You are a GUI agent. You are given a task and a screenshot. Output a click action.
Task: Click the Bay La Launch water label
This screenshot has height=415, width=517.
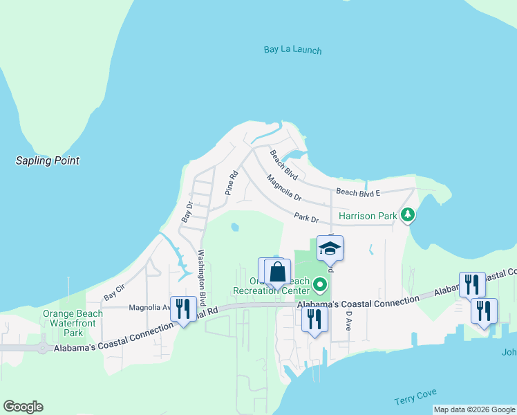tap(292, 50)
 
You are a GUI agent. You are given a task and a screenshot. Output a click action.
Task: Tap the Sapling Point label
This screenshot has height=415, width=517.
tap(48, 160)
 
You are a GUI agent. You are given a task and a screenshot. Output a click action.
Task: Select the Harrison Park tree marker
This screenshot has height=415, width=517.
tap(408, 215)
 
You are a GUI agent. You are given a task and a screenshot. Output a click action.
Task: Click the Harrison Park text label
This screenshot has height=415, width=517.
tap(368, 216)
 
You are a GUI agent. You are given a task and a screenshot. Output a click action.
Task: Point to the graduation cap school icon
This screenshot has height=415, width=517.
tap(330, 248)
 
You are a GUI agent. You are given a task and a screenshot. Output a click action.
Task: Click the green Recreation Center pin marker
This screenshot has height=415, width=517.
tap(319, 284)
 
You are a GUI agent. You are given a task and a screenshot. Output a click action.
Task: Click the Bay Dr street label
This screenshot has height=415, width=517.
tap(187, 212)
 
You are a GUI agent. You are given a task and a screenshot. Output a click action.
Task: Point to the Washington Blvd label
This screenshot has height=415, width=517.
tap(203, 277)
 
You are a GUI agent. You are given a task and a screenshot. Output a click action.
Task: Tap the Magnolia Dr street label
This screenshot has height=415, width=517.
tap(284, 187)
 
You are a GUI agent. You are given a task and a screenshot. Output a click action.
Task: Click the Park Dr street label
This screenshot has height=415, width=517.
tap(305, 218)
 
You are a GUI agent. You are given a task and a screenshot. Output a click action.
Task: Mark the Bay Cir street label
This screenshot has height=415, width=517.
tap(113, 295)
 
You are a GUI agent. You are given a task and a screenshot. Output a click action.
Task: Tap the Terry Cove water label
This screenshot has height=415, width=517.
tap(415, 397)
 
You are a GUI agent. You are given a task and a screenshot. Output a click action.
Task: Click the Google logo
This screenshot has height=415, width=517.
tap(23, 407)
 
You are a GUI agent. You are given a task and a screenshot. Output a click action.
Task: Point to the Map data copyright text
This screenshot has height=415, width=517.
tap(474, 409)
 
